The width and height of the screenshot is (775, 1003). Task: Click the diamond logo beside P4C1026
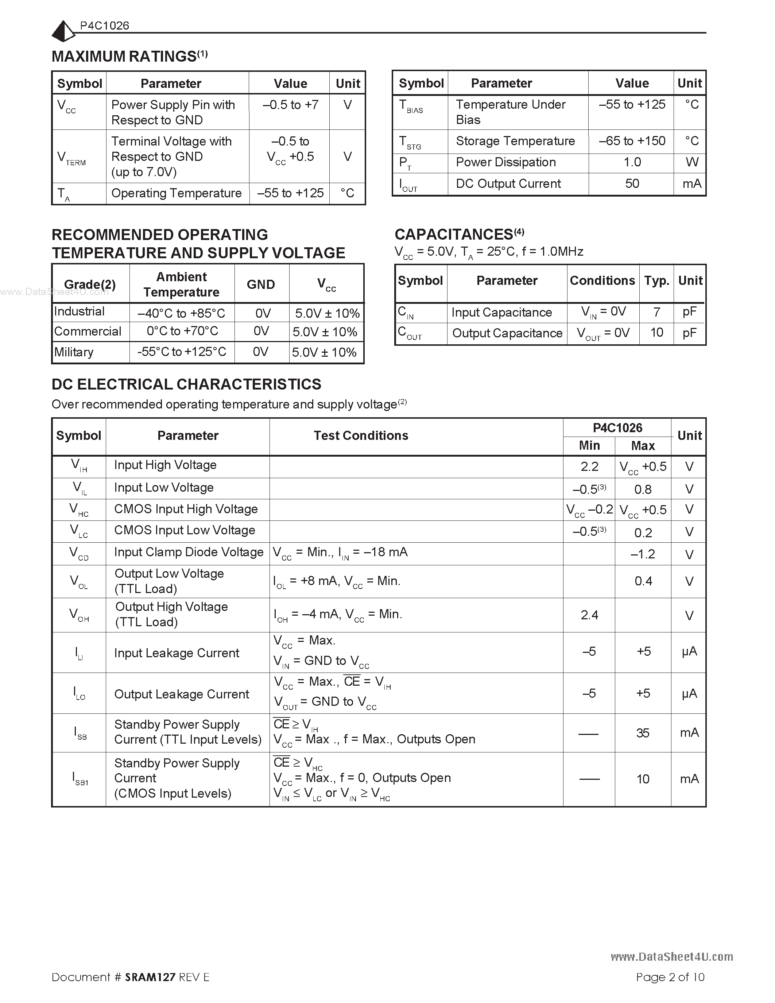63,31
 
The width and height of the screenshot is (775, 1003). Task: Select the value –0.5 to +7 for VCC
290,105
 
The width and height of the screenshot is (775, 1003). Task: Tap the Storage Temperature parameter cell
515,141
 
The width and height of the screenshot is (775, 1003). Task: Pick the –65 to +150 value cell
632,141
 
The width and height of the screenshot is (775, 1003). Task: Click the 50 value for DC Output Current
632,184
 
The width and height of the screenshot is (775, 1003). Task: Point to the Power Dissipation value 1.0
632,162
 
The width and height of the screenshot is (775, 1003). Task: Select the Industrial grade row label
80,311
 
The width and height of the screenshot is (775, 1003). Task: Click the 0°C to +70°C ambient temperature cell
182,331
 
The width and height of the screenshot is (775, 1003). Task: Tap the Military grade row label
74,352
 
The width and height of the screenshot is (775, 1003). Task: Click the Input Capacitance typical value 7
656,312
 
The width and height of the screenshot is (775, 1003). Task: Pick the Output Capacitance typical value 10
656,333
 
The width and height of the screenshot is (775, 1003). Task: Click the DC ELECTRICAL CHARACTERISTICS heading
186,384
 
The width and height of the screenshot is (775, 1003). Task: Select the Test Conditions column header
361,435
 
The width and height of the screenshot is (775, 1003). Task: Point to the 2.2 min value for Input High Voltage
589,466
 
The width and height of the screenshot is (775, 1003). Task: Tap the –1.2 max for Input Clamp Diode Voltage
643,554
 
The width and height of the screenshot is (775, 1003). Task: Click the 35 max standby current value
643,733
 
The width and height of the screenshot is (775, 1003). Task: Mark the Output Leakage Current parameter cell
181,694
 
